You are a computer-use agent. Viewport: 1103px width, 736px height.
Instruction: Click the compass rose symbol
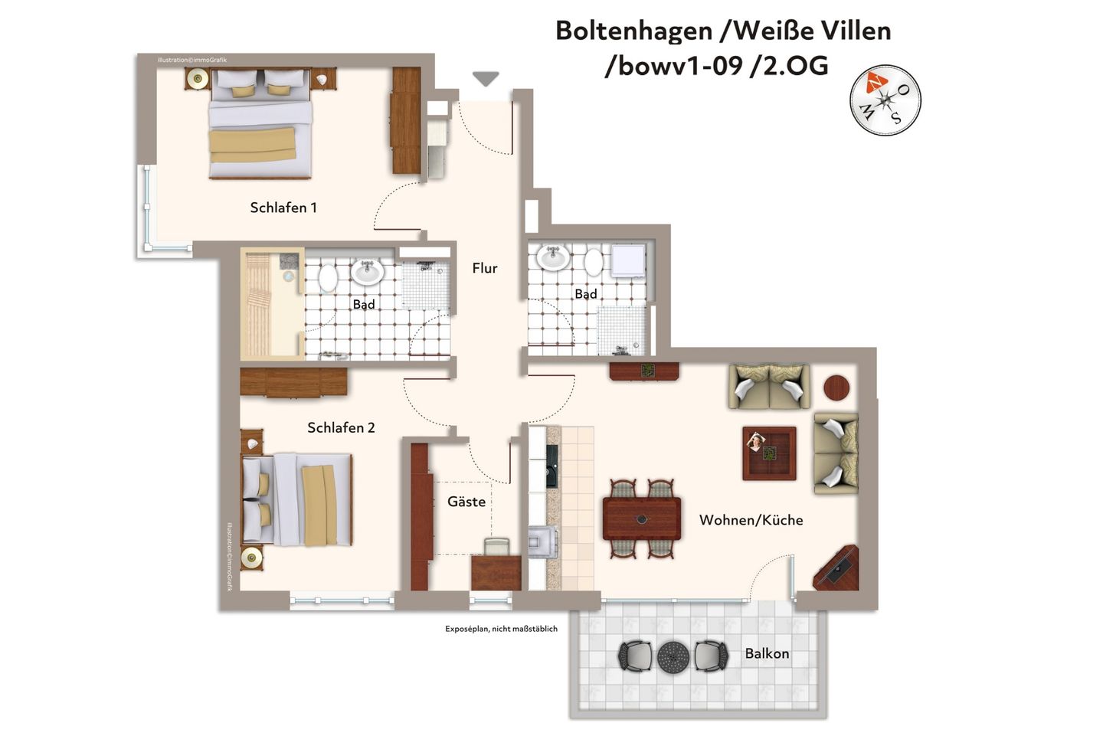(885, 100)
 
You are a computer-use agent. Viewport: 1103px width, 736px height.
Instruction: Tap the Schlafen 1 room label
(283, 208)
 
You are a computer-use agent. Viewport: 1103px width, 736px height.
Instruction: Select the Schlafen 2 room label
(341, 427)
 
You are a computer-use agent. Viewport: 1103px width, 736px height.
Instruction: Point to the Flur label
(484, 268)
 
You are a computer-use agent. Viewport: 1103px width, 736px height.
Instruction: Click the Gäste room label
(466, 502)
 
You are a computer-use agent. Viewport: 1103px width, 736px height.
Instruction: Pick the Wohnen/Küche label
(751, 520)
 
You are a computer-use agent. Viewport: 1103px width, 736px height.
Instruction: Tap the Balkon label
(767, 653)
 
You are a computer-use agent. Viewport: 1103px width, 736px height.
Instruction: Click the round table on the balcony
(673, 656)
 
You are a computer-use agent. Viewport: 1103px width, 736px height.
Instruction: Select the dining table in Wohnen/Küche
(642, 518)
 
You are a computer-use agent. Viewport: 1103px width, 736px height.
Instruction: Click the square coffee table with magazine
(768, 453)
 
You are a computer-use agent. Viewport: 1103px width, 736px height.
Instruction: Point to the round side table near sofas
(836, 388)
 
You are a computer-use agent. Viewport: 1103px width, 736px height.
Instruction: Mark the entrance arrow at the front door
(486, 78)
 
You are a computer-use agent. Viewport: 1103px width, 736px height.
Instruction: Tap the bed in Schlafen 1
(260, 124)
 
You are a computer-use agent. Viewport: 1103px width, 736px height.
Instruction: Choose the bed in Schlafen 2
(297, 499)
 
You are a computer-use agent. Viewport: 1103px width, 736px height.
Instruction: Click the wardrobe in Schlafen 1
(406, 120)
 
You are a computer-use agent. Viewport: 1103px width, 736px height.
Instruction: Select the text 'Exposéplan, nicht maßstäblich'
(501, 629)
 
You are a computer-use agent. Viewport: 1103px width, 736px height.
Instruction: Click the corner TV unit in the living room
(836, 568)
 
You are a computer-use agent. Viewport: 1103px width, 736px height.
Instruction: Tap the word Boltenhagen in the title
(633, 31)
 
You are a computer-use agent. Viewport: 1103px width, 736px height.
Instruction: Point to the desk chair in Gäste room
(496, 546)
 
